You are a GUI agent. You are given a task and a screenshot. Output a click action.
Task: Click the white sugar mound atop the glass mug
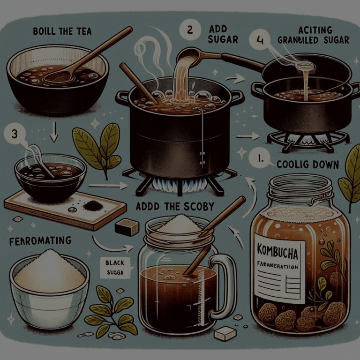click(180, 225)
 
